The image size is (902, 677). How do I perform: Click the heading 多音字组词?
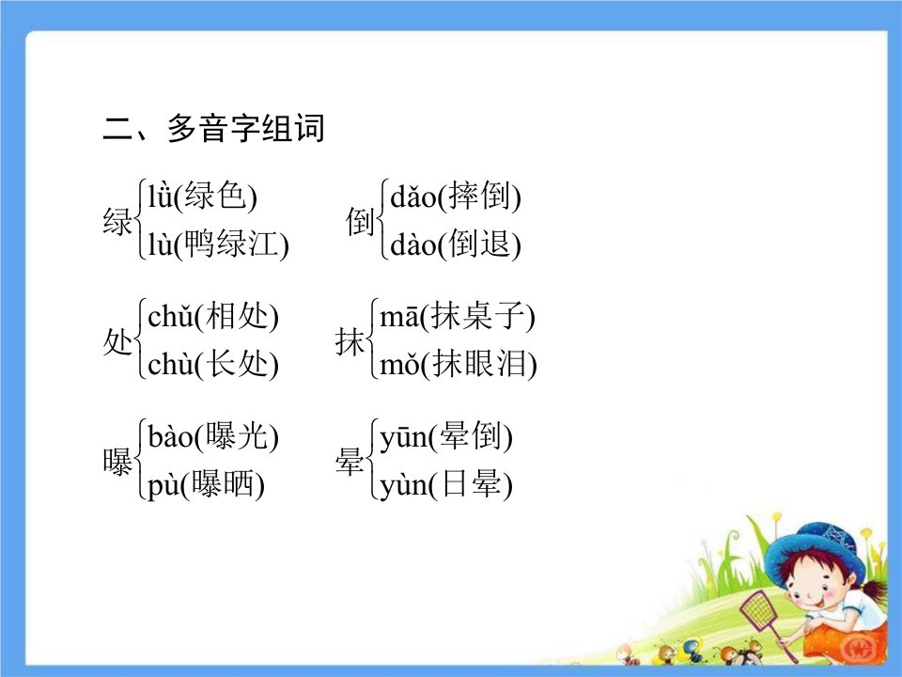point(245,128)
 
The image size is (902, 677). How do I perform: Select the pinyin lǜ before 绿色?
point(160,196)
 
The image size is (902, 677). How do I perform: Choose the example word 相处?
point(236,316)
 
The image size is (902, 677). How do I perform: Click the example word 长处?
point(236,364)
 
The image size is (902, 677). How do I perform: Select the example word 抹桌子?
point(477,316)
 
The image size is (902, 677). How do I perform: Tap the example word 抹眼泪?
point(478,364)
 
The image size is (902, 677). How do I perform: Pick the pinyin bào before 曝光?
point(171,435)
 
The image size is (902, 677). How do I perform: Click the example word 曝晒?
point(223,483)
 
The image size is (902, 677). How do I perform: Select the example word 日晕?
point(470,483)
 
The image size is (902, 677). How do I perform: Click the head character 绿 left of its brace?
point(117,221)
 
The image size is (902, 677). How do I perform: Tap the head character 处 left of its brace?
point(117,341)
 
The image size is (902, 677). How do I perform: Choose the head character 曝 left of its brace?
point(117,462)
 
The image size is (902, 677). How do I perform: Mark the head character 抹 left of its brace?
point(350,341)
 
